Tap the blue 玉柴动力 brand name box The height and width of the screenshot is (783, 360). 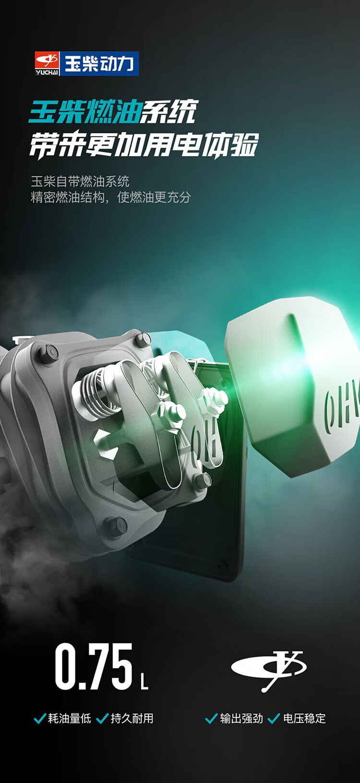click(x=100, y=64)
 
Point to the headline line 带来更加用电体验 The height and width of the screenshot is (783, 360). click(x=144, y=145)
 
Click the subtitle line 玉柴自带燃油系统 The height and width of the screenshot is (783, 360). click(x=80, y=181)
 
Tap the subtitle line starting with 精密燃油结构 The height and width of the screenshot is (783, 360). click(x=111, y=197)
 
